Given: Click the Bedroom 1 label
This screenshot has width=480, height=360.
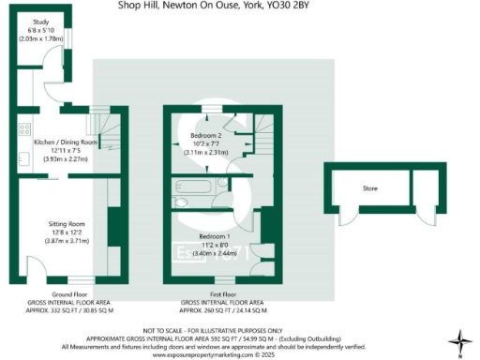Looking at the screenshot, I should [x=215, y=235].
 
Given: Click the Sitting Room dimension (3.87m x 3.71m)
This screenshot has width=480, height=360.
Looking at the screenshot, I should [x=67, y=242].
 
